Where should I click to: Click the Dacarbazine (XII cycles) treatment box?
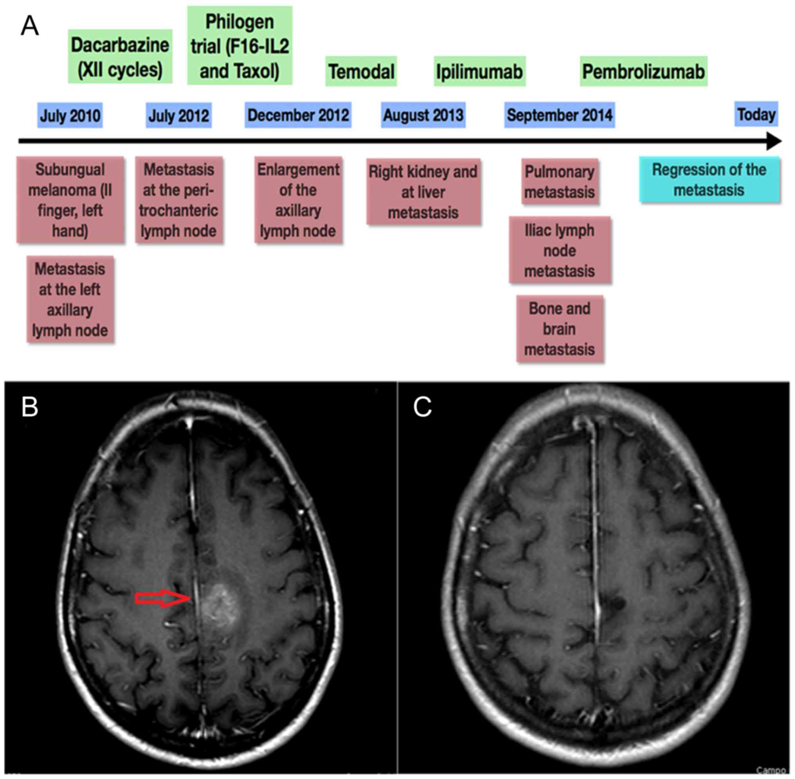click(x=120, y=56)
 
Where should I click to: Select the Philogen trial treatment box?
click(x=240, y=46)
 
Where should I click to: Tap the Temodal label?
click(x=361, y=71)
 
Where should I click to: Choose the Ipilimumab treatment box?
click(x=480, y=71)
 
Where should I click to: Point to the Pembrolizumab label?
click(x=643, y=71)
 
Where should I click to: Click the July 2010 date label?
click(x=70, y=115)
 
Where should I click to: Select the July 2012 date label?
click(x=179, y=115)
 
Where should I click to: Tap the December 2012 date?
click(x=298, y=115)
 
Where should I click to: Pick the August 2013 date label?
click(x=423, y=115)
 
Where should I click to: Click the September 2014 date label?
click(x=559, y=115)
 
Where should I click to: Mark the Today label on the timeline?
click(x=756, y=114)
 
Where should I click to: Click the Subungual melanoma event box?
click(x=70, y=200)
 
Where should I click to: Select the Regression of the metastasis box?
click(x=709, y=180)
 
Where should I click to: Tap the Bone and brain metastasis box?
click(x=559, y=329)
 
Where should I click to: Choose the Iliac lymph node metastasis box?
click(x=559, y=251)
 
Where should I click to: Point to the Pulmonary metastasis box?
click(x=559, y=182)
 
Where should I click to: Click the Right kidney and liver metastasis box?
click(x=423, y=192)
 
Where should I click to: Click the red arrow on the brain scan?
click(x=163, y=599)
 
